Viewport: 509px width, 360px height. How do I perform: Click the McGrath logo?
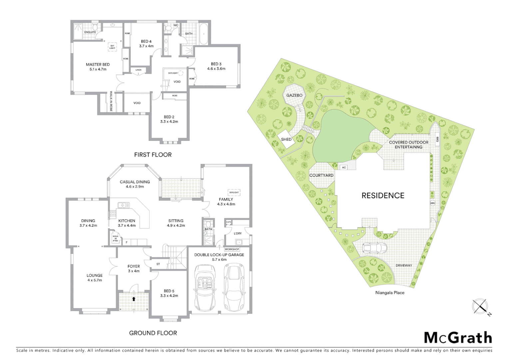458,338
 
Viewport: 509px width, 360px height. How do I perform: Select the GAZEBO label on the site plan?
294,95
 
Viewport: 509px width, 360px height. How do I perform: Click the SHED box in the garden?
286,139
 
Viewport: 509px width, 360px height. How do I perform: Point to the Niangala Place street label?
389,293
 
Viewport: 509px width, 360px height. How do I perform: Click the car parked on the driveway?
374,248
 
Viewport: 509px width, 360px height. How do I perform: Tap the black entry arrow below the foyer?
134,299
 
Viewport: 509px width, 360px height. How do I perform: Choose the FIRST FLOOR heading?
153,155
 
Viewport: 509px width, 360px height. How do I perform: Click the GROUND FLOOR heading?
153,333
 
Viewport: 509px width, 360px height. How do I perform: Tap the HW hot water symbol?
433,203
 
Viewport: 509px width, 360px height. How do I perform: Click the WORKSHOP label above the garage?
232,249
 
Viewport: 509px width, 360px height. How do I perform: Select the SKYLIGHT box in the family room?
234,192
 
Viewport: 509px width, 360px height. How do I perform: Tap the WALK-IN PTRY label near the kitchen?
116,238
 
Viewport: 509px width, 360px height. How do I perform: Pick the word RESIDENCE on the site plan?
383,196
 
